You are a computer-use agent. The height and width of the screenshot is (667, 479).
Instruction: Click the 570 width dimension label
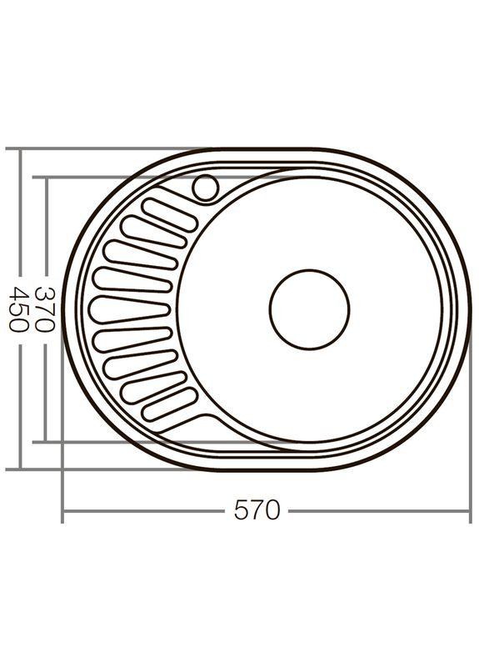tap(257, 510)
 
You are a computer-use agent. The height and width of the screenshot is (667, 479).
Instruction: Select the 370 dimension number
tap(47, 309)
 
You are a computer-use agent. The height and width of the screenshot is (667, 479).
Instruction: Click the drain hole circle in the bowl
tap(309, 309)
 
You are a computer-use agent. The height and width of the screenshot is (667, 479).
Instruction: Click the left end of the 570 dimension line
tap(63, 510)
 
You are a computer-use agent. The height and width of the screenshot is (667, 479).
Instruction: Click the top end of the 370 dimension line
tap(47, 178)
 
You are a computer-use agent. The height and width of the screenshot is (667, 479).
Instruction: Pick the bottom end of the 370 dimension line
tap(47, 441)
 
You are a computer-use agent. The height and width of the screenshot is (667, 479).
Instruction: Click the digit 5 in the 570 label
tap(242, 510)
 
